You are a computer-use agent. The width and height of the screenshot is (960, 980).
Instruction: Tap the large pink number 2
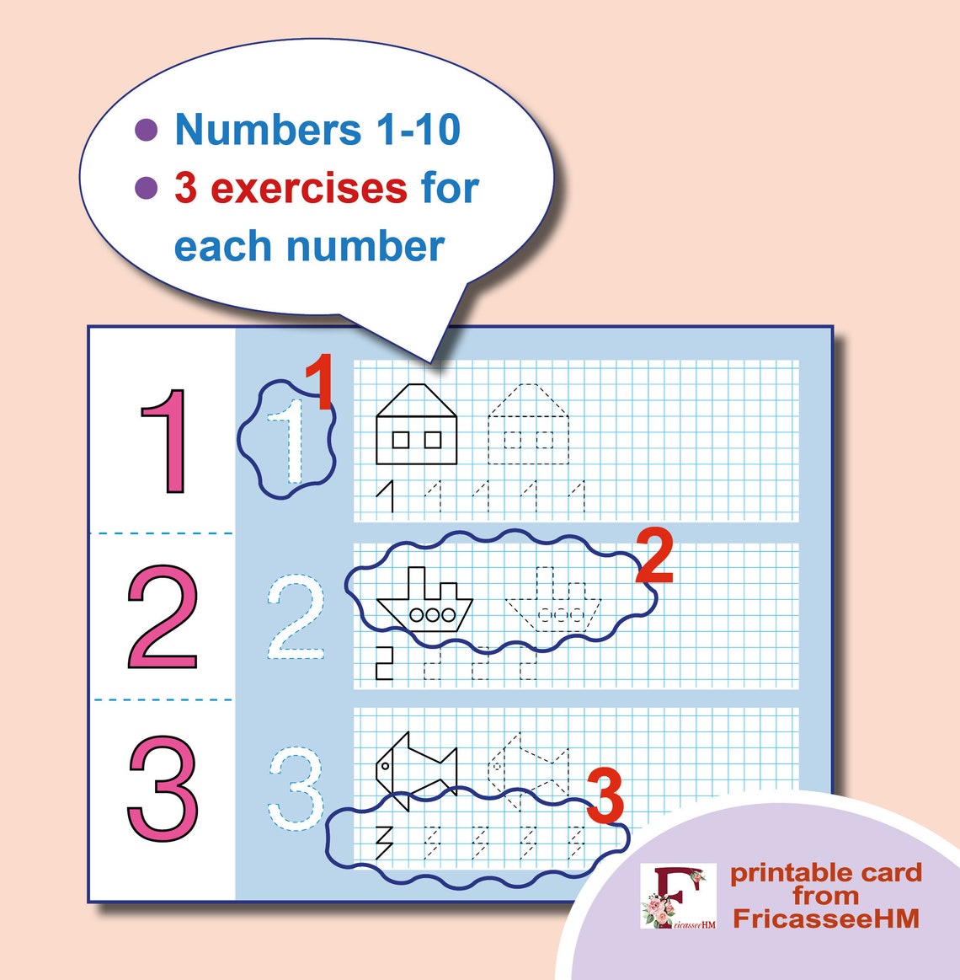pyautogui.click(x=163, y=617)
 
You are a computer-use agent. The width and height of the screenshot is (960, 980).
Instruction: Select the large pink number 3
pyautogui.click(x=163, y=788)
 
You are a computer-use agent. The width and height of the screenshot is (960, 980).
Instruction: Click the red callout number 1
pyautogui.click(x=318, y=383)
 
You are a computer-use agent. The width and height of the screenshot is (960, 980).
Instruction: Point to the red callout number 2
pyautogui.click(x=654, y=556)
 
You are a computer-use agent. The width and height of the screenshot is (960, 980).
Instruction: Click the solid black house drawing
pyautogui.click(x=416, y=425)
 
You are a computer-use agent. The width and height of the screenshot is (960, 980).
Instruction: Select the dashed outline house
pyautogui.click(x=528, y=425)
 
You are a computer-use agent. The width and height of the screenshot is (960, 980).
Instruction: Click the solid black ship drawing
pyautogui.click(x=425, y=601)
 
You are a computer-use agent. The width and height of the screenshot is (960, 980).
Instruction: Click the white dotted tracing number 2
pyautogui.click(x=296, y=618)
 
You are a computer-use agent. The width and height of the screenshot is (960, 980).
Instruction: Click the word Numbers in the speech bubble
pyautogui.click(x=268, y=130)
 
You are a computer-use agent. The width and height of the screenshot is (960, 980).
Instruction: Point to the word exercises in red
pyautogui.click(x=308, y=188)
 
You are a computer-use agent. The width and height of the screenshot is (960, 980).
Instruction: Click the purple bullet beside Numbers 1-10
pyautogui.click(x=147, y=130)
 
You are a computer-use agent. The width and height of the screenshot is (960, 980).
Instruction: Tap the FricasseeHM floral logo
pyautogui.click(x=678, y=897)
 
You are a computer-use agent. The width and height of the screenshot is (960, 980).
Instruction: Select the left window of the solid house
pyautogui.click(x=401, y=439)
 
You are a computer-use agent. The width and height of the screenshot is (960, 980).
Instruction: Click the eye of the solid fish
pyautogui.click(x=385, y=766)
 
